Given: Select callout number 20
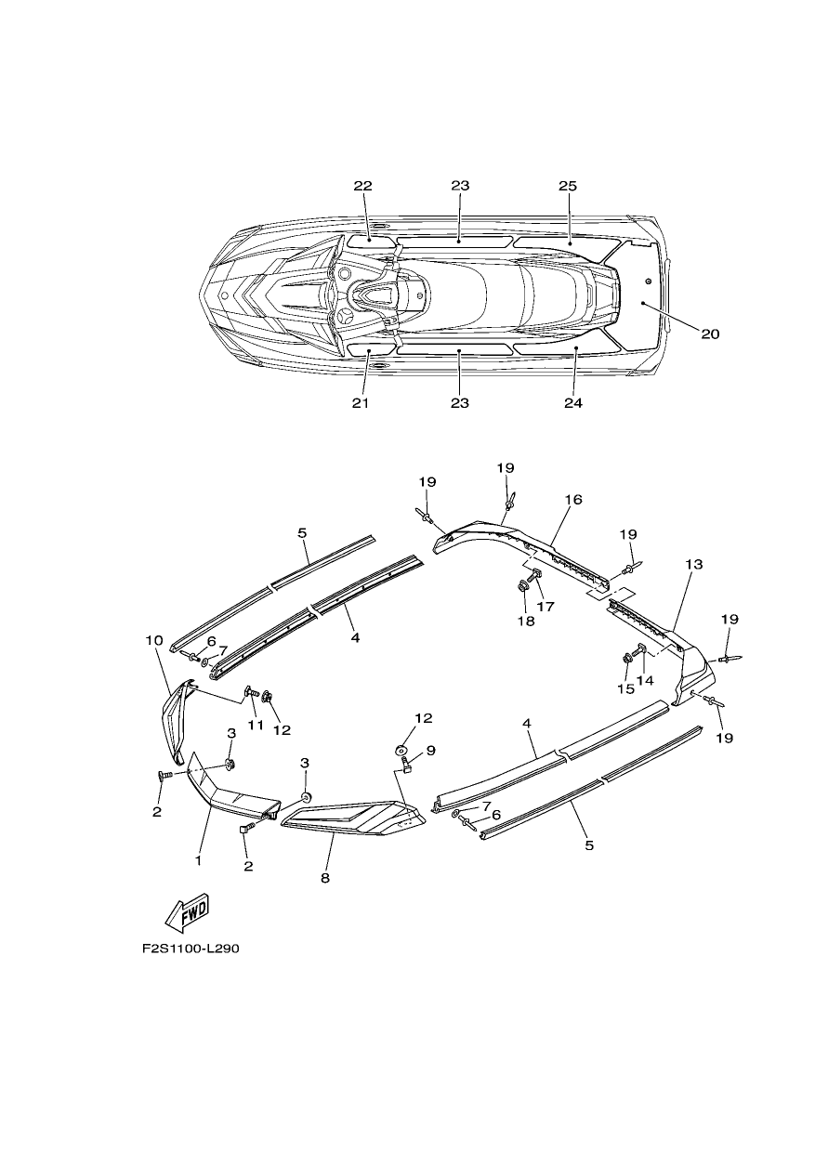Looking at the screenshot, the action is coord(710,334).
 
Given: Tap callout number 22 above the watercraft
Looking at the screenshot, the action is coord(362,186).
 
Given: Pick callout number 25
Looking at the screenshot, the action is coord(568,186).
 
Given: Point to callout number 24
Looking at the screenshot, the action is coord(573,403).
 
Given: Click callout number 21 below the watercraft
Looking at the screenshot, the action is coord(361,403).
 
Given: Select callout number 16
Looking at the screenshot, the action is coord(573,499).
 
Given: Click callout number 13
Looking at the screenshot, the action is coord(693,564).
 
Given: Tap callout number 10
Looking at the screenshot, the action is coord(154,640).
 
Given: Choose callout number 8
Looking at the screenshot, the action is coord(324,878).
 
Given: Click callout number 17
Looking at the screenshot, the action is coord(546,607).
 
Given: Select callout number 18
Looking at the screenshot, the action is coord(526,622).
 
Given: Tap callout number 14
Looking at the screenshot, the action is coord(645,680).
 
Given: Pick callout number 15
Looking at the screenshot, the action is coord(625,689).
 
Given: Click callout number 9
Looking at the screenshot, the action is coord(430,751).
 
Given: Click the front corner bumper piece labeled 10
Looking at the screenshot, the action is coord(175,720).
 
